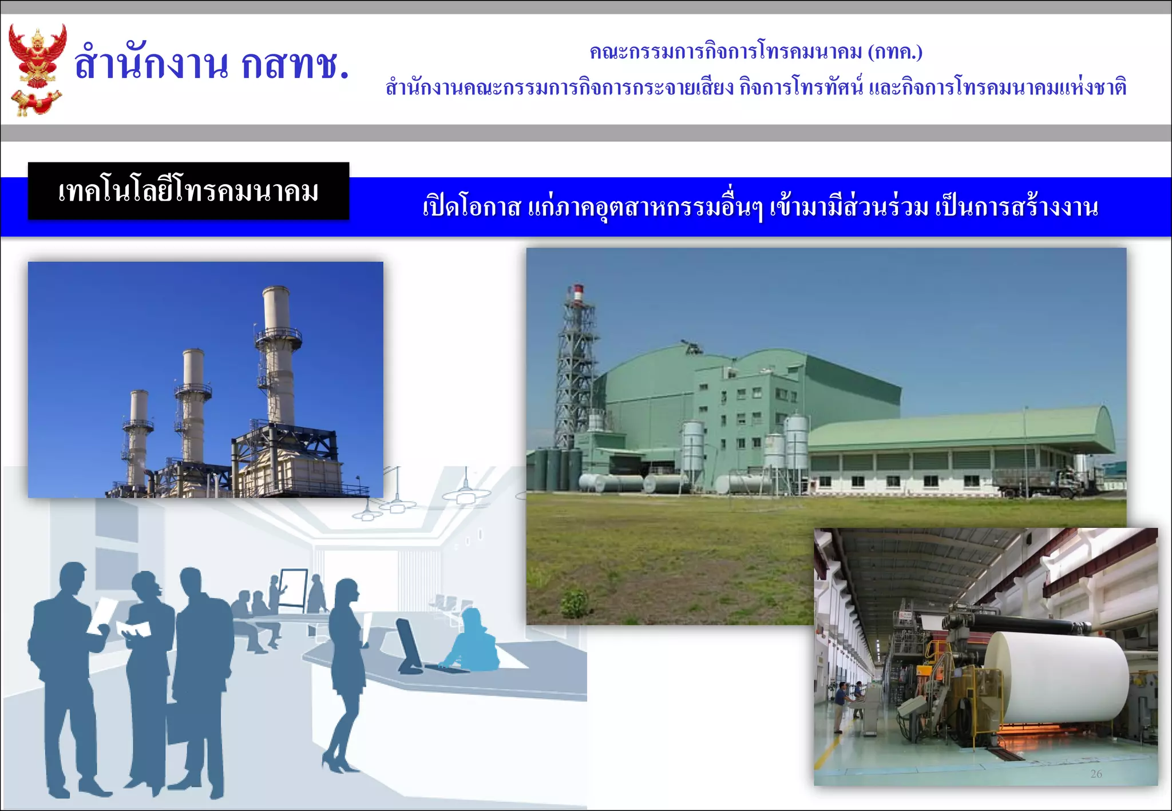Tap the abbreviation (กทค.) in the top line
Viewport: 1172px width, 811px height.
click(x=895, y=52)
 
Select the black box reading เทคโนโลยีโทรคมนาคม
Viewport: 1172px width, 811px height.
click(x=188, y=191)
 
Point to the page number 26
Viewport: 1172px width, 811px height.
click(x=1096, y=774)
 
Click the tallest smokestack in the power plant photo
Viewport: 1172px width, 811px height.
click(x=278, y=355)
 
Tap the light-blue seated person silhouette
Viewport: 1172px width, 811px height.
click(x=473, y=643)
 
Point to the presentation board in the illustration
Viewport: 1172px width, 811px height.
click(x=293, y=588)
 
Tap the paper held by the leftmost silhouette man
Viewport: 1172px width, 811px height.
click(x=102, y=615)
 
